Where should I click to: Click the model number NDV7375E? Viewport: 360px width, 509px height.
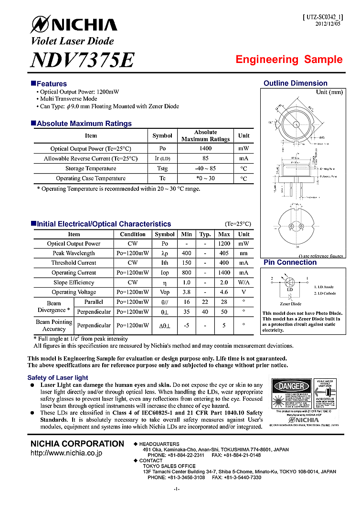coord(82,60)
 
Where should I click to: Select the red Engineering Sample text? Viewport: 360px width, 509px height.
coord(289,60)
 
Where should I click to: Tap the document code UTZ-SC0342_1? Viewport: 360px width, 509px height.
coord(323,17)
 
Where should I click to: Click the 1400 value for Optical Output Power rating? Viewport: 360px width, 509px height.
coord(205,148)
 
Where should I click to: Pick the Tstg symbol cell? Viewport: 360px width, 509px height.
coord(162,168)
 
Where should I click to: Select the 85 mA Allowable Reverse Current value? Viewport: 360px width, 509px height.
coord(205,158)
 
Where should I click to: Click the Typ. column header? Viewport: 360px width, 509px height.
coord(205,234)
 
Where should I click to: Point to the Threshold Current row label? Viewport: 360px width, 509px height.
coord(74,263)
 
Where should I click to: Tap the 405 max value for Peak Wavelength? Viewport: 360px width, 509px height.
coord(224,253)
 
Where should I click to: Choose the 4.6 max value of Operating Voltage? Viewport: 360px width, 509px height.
coord(224,292)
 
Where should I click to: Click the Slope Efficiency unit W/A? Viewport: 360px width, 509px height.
coord(244,282)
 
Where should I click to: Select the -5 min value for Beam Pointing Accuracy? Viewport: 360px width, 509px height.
coord(186,325)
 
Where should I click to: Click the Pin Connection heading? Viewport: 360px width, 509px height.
coord(290,262)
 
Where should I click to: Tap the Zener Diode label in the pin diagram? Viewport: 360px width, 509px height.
coord(290,304)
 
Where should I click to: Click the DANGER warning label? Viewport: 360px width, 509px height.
coord(291,385)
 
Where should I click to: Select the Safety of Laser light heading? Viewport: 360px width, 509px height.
coord(58,378)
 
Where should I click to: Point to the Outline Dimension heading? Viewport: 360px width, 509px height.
coord(295,83)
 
